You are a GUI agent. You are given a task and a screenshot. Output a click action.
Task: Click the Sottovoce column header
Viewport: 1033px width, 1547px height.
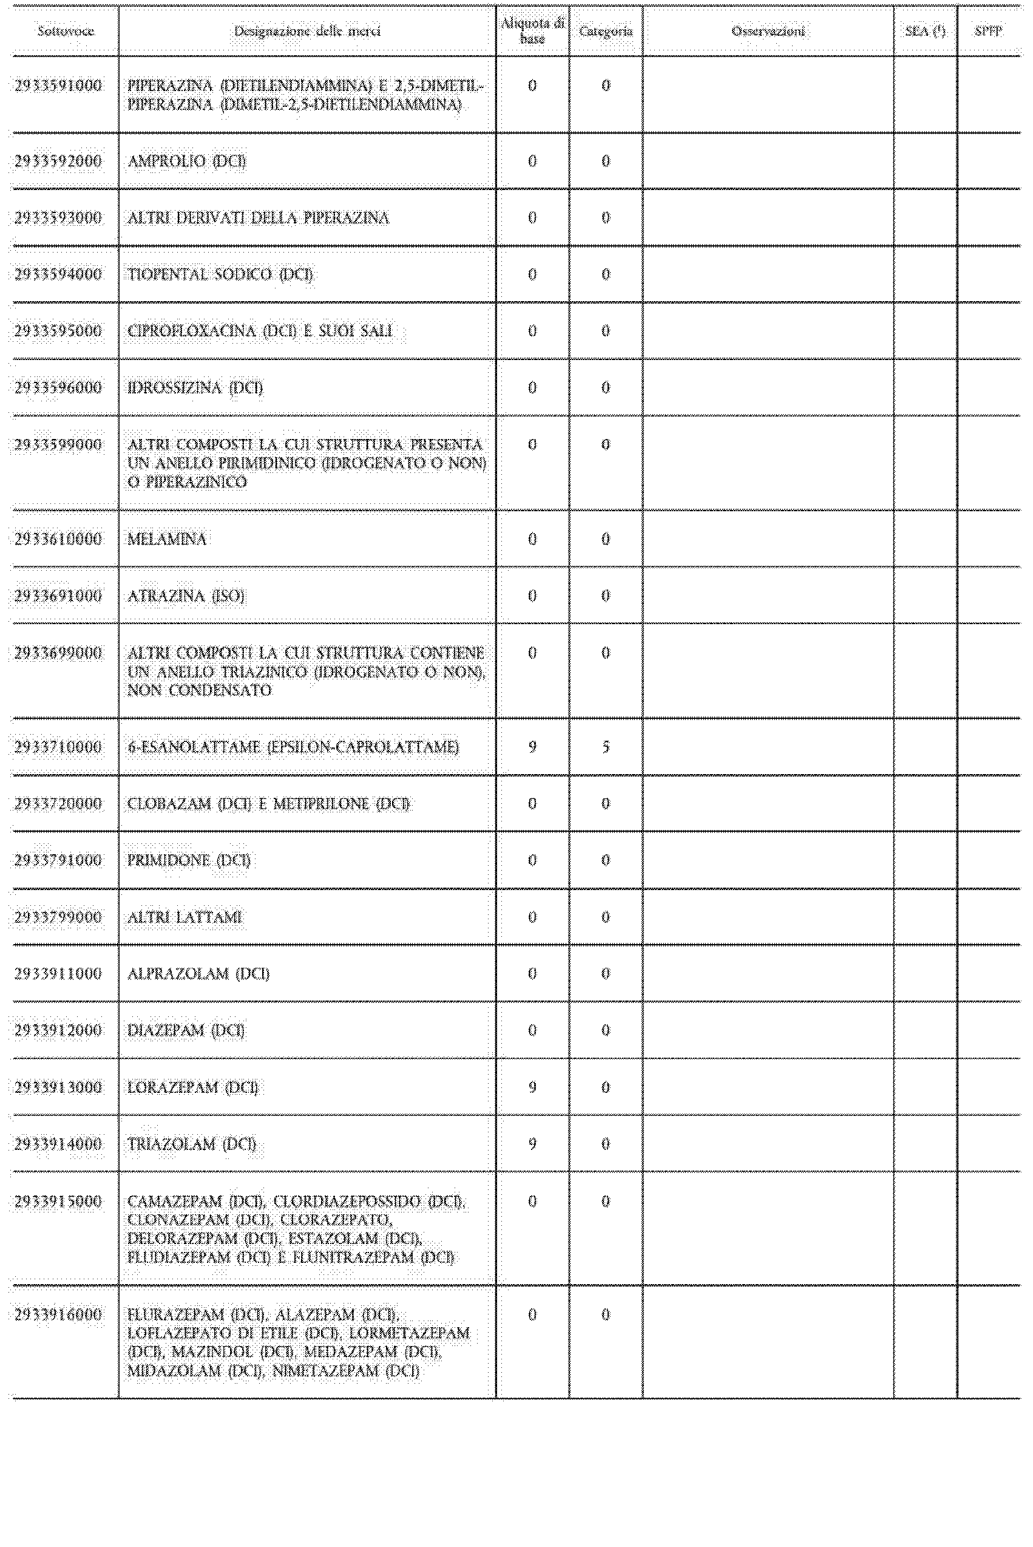pos(65,31)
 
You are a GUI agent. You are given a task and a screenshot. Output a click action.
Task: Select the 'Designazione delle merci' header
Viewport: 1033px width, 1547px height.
pos(307,31)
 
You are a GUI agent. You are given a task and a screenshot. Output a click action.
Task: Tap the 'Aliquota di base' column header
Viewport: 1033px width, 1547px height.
pos(532,31)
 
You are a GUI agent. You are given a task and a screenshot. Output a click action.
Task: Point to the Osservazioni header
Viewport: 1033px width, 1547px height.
pos(768,31)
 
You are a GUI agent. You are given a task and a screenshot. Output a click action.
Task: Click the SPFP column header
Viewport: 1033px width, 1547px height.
pos(988,31)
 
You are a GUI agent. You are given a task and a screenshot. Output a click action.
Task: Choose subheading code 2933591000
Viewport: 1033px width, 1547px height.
pos(58,86)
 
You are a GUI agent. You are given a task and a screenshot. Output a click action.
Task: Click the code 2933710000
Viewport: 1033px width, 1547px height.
pos(58,747)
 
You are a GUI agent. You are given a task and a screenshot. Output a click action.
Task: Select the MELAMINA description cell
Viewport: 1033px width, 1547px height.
pos(167,539)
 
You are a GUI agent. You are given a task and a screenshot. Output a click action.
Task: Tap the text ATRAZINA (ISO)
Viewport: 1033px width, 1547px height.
pos(186,596)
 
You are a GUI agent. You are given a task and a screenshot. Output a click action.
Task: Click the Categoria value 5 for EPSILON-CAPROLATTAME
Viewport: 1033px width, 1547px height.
pos(606,747)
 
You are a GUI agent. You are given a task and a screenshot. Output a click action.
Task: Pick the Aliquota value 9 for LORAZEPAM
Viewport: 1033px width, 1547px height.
pos(532,1087)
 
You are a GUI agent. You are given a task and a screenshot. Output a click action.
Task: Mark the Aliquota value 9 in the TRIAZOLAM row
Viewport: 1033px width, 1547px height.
pos(532,1144)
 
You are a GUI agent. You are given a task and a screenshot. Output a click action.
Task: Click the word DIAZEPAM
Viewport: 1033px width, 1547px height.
pos(166,1030)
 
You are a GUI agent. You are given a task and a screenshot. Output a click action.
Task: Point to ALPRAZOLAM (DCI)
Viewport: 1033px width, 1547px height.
pos(198,974)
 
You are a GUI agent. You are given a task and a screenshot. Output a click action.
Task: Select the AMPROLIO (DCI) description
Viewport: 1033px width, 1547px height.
pos(186,161)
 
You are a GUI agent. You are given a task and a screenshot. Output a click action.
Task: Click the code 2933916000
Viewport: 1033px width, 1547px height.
pos(58,1314)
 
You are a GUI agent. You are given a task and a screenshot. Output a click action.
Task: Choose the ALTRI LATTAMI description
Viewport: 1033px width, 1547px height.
pos(185,917)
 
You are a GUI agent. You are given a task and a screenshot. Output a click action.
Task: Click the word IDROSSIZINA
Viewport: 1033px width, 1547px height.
pos(174,387)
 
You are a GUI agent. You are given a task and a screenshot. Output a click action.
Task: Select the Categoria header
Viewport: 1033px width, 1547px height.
pos(606,31)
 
